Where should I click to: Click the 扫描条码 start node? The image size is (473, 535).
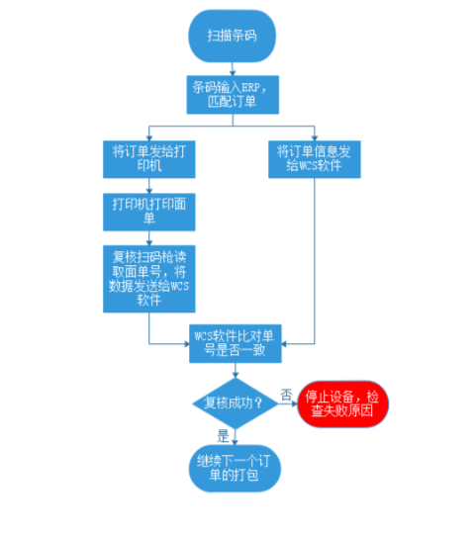(233, 36)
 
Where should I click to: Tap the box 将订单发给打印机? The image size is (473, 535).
(148, 159)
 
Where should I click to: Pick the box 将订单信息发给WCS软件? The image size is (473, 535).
(315, 159)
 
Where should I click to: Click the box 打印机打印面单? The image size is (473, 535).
(148, 211)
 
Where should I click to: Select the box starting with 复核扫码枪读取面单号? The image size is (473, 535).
(148, 278)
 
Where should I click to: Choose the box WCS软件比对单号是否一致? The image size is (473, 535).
(233, 343)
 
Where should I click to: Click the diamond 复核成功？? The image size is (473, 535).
(233, 403)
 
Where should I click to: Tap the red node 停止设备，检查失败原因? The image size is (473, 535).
(344, 403)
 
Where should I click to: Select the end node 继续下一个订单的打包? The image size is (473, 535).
(233, 467)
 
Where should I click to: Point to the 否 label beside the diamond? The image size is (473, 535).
(286, 394)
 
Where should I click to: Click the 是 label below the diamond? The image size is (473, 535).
(223, 435)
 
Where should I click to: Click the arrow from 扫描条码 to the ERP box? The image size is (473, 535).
(233, 66)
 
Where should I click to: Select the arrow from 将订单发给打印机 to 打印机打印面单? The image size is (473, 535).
(148, 185)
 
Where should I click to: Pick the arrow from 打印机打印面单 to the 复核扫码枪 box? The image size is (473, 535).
(148, 236)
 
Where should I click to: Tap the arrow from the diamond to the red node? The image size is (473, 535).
(286, 403)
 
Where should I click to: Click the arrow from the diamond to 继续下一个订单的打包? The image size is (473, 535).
(233, 437)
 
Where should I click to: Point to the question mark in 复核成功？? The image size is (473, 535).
(259, 403)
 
